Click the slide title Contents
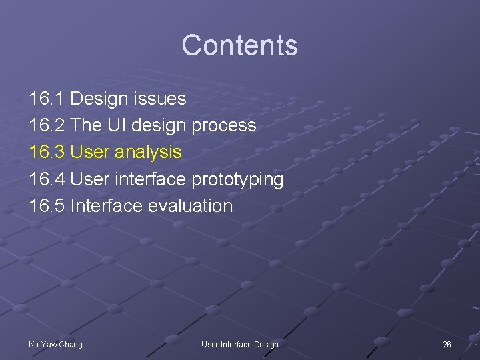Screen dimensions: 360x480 pos(239,45)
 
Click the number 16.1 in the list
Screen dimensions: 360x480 pos(47,99)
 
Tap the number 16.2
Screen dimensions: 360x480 pos(47,125)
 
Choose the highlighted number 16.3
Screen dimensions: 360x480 pos(47,152)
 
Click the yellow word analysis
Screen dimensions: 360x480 pos(148,153)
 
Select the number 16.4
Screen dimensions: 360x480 pos(47,179)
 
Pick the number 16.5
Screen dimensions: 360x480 pos(47,205)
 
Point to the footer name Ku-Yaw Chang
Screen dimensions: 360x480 pos(55,344)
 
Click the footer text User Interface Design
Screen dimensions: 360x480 pos(240,344)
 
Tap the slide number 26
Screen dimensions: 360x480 pos(447,344)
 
